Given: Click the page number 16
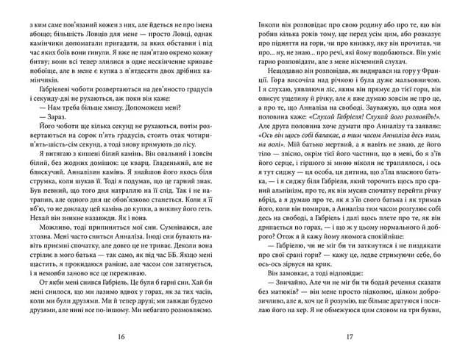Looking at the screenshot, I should click(x=121, y=336).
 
